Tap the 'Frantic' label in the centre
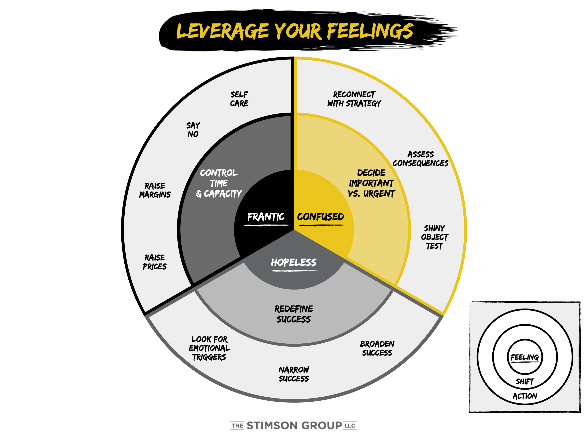(266, 217)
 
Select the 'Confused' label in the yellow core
(320, 217)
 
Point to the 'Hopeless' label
(294, 263)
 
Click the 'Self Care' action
(239, 99)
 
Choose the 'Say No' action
(193, 130)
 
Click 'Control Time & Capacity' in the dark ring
(219, 183)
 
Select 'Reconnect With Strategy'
(354, 99)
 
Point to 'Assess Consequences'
(420, 159)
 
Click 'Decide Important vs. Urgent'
(371, 183)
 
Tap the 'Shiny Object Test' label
(434, 237)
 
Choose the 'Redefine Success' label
(294, 314)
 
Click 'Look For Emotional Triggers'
(209, 348)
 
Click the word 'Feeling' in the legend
(525, 357)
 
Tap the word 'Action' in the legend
(525, 396)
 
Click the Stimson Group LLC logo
(294, 426)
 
